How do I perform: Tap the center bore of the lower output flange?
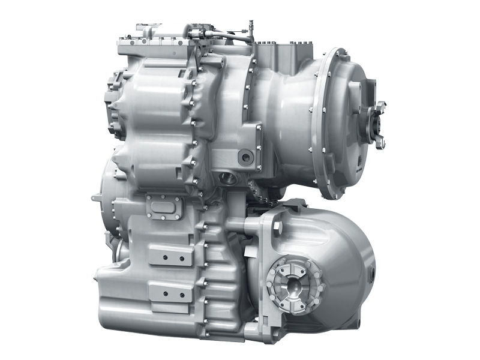pyautogui.click(x=293, y=281)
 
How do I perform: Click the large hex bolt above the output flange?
pyautogui.click(x=277, y=227)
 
